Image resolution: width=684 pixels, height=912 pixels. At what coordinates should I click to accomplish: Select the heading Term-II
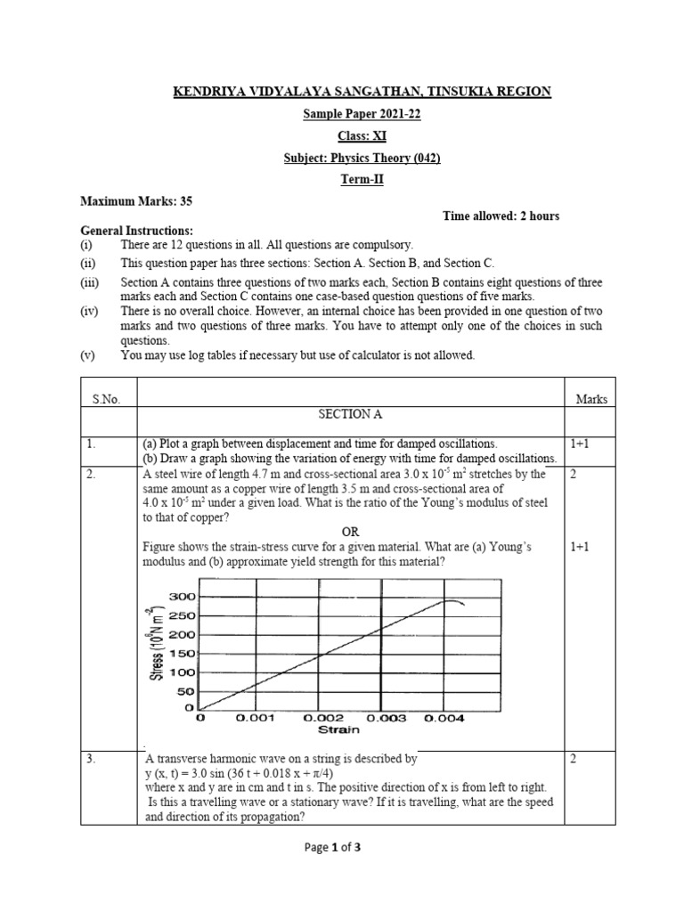coord(342,179)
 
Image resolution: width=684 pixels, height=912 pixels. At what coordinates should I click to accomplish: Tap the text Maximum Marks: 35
coord(136,201)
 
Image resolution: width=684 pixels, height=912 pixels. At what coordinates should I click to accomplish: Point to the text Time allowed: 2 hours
coord(501,216)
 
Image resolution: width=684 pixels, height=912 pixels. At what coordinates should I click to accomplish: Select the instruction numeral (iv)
coord(90,311)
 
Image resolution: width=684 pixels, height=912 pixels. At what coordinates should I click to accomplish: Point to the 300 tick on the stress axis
coord(183,597)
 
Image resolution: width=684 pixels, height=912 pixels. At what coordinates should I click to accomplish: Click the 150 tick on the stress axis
coord(183,654)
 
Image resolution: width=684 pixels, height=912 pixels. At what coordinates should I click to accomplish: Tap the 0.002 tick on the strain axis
coord(323,717)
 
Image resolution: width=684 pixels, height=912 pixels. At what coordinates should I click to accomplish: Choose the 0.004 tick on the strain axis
coord(443,717)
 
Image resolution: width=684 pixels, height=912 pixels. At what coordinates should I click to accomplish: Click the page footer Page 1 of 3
coord(342,847)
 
